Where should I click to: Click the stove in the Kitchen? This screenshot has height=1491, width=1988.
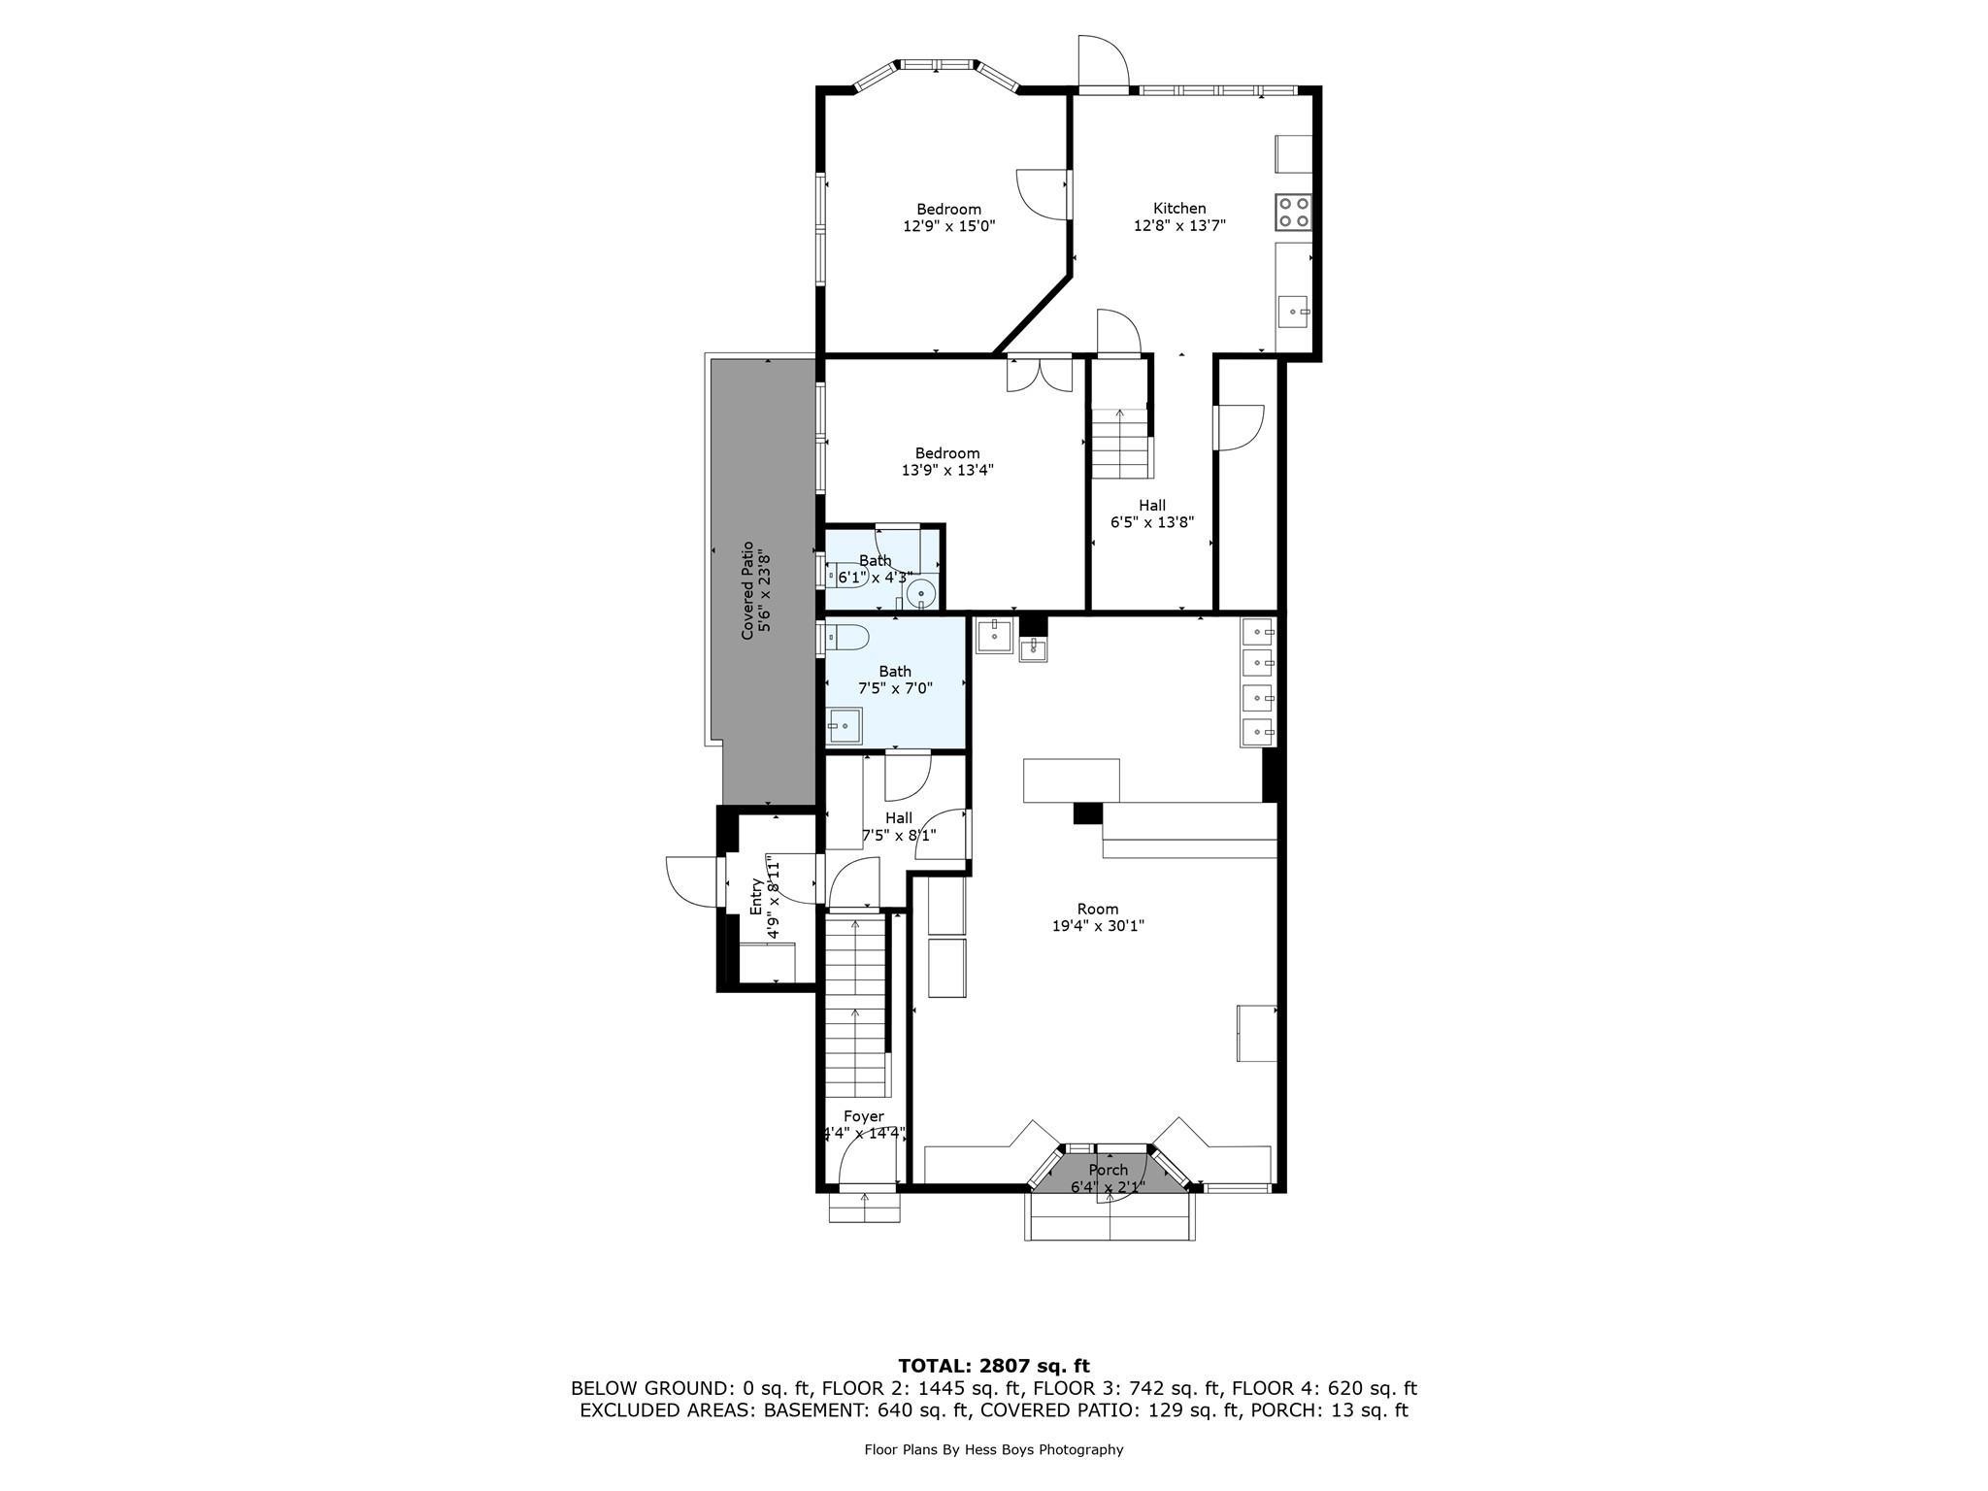(x=1293, y=213)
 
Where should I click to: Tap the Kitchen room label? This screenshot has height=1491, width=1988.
(x=1179, y=209)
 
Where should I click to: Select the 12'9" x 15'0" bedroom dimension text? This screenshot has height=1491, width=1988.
(x=948, y=226)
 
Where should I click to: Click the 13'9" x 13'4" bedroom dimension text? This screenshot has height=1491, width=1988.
(x=947, y=471)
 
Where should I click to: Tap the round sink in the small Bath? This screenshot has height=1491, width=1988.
(x=921, y=592)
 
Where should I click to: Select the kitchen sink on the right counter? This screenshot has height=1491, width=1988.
(x=1292, y=313)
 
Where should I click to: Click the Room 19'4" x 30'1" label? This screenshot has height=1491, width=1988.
(x=1098, y=917)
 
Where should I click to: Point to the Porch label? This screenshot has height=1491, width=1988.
(x=1108, y=1171)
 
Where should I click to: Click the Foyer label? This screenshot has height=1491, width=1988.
(x=863, y=1116)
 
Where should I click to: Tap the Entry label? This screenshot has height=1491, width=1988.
(x=757, y=896)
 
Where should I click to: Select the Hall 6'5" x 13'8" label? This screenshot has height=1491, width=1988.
(x=1152, y=514)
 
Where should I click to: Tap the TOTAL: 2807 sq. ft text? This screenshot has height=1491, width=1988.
(x=993, y=1367)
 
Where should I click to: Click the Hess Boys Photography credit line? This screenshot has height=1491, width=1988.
(x=993, y=1450)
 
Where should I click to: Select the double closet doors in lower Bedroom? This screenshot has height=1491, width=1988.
(x=1040, y=376)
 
